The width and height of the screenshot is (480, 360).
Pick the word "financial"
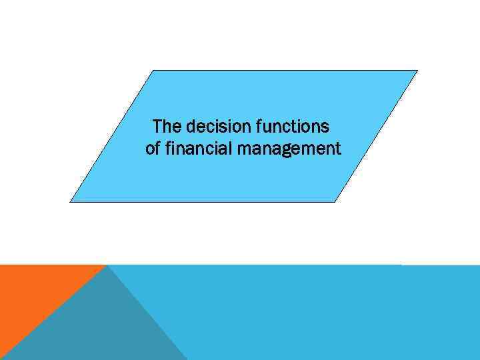197,148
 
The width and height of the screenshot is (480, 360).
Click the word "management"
288,149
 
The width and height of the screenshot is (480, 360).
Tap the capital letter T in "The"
157,125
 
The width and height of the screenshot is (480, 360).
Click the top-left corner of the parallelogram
153,70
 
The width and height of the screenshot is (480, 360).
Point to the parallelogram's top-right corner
417,70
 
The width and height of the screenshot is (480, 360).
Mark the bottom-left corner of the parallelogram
71,201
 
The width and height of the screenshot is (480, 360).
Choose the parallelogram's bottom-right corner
335,201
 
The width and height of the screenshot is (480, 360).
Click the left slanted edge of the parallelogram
112,136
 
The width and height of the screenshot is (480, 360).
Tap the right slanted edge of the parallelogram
376,136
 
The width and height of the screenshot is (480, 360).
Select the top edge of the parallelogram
285,70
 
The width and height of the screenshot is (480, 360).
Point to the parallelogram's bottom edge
203,201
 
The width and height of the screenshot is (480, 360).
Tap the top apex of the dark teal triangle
107,266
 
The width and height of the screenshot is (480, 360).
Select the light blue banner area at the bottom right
333,313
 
